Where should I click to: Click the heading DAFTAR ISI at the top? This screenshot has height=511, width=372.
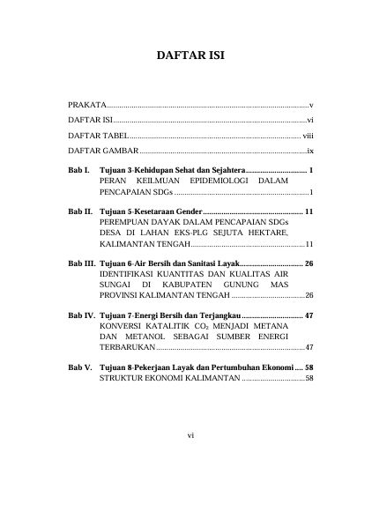(185, 53)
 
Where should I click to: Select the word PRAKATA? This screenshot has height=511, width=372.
(86, 104)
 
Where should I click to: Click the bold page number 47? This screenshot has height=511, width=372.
(309, 315)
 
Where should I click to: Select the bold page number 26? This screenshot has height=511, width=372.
(309, 263)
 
